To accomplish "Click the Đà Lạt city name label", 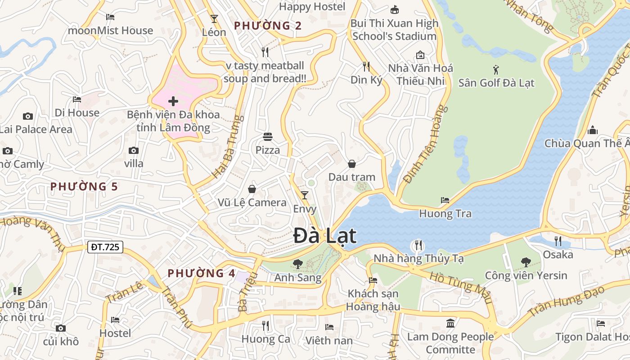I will (325, 236).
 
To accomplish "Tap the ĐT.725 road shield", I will (105, 247).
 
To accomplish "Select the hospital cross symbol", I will (173, 101).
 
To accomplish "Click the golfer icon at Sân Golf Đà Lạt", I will (496, 70).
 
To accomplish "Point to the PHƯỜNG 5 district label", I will (84, 186).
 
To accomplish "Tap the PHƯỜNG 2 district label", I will (268, 26).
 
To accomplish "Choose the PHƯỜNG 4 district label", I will (202, 273).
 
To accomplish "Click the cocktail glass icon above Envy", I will (305, 195).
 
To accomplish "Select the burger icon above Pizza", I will (268, 136).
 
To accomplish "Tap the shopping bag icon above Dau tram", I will (352, 164).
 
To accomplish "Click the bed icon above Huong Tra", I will (445, 200).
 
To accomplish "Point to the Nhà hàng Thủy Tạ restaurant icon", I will (418, 245).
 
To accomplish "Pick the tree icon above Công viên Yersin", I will (526, 262).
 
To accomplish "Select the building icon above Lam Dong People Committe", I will (450, 323).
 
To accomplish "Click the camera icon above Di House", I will (28, 116).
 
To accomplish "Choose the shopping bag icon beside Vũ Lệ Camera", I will (252, 189).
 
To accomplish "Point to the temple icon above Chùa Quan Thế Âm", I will (593, 130).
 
